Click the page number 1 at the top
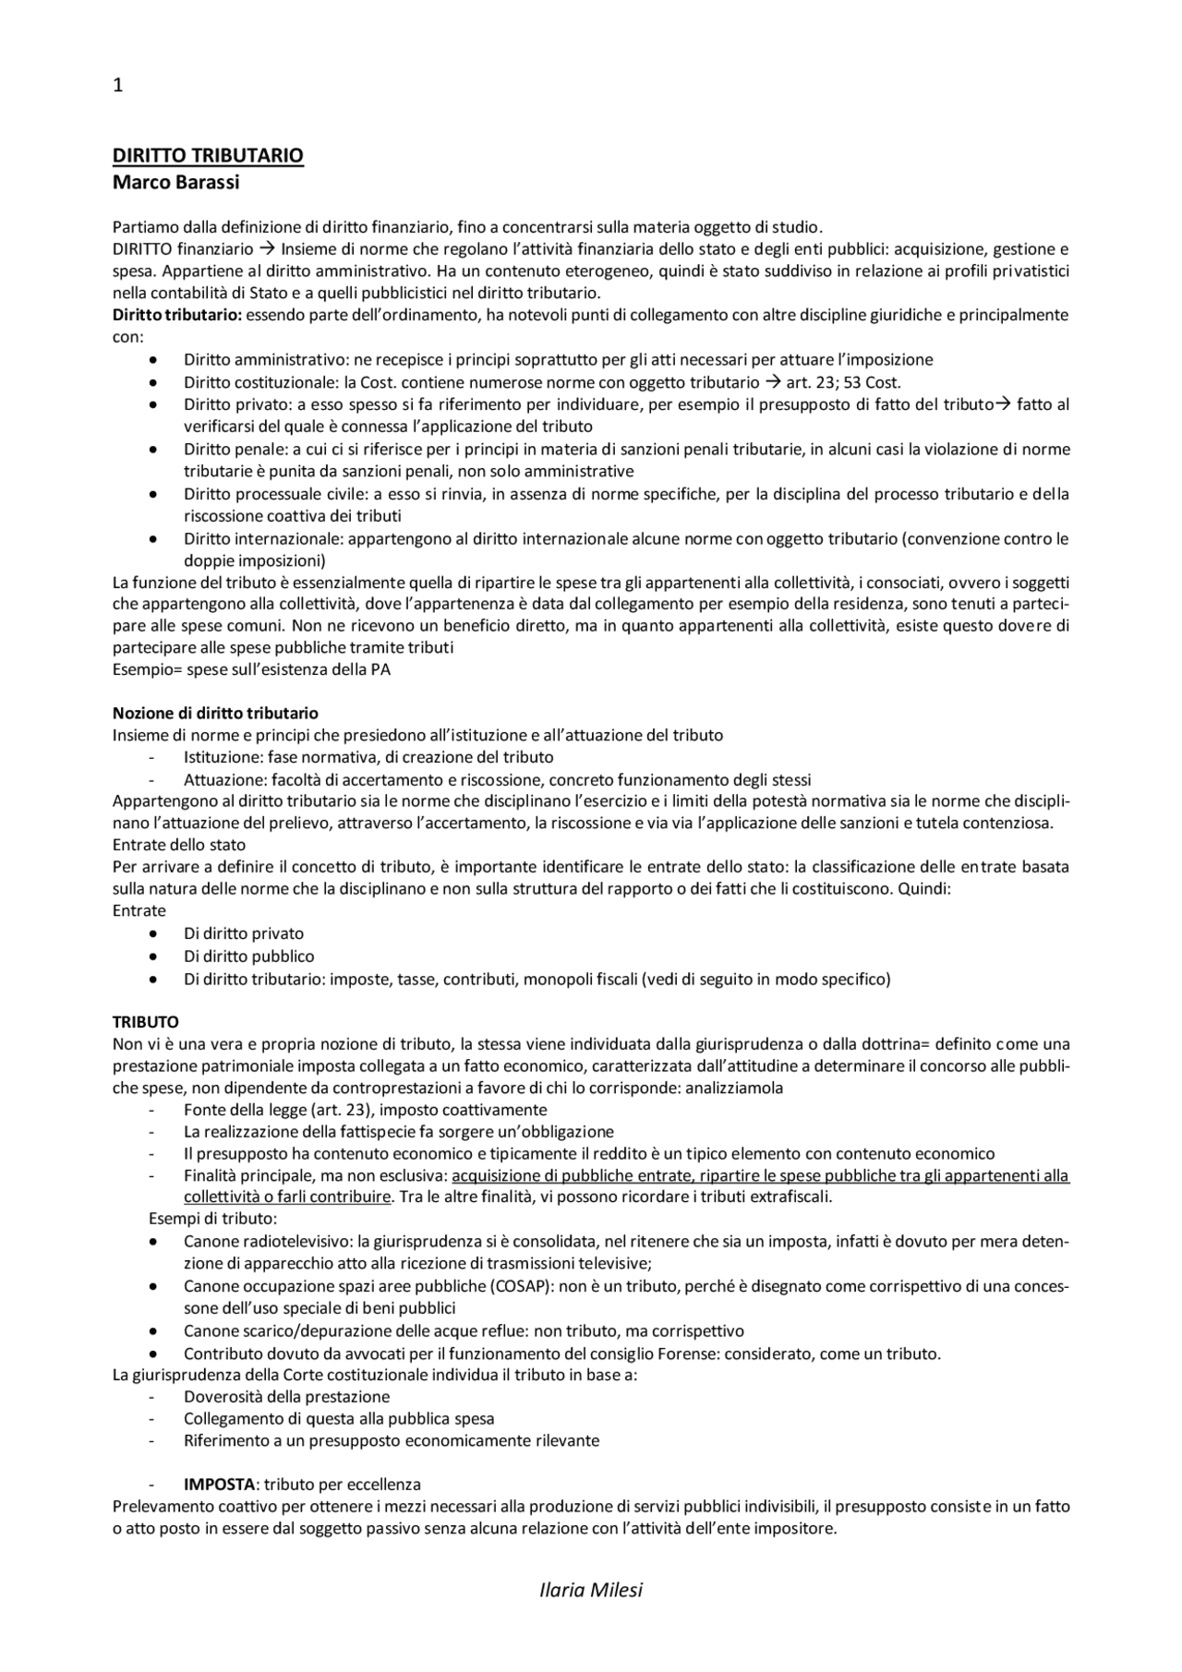point(117,86)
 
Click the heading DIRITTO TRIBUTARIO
point(208,155)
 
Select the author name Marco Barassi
point(175,182)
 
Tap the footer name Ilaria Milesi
point(590,1589)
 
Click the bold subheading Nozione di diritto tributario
point(215,713)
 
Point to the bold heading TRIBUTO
point(145,1022)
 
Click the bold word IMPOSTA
point(219,1485)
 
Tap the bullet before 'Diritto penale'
point(152,450)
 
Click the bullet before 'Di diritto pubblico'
point(152,956)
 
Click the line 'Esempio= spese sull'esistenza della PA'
point(251,669)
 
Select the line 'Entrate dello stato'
point(179,845)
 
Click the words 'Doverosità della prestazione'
point(286,1397)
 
